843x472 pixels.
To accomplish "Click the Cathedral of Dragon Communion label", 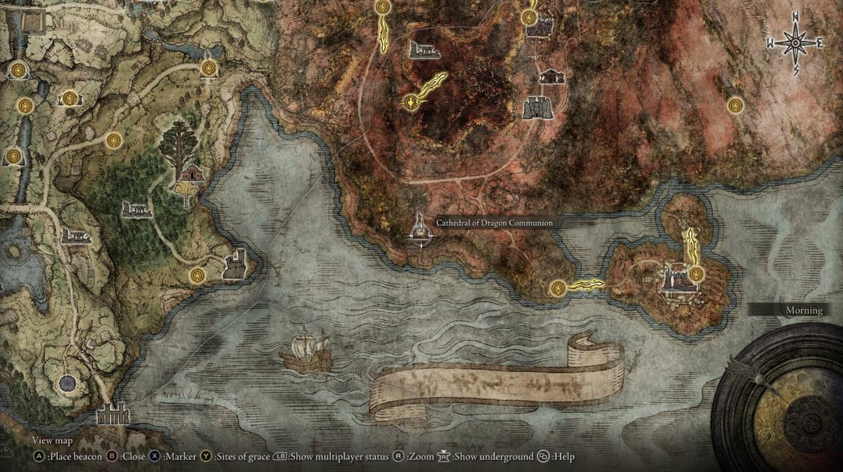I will pos(494,223).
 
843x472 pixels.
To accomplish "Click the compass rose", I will pos(795,43).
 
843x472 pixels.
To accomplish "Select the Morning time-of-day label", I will pos(804,310).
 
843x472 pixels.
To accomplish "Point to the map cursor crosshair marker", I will pos(420,231).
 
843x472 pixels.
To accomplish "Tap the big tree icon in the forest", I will pos(178,147).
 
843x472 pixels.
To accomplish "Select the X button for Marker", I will pos(154,457).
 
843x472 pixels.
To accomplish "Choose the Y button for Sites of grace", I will pos(207,457).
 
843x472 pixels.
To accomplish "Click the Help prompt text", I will pos(563,457).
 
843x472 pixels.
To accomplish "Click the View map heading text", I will pos(52,441).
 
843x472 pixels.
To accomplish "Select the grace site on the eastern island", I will pos(696,273).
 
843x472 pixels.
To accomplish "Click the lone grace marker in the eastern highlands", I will pos(736,105).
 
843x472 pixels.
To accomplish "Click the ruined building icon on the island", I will pos(675,279).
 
